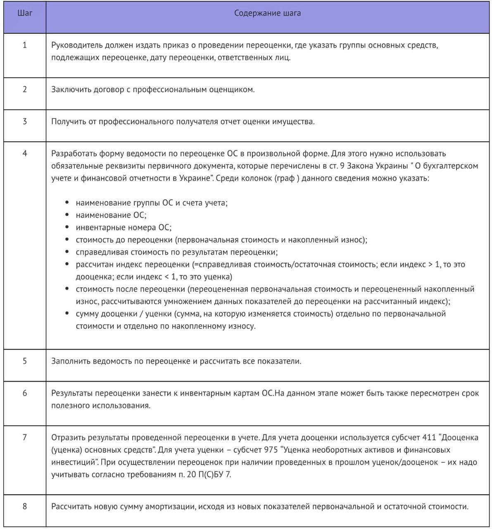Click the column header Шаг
click(x=25, y=13)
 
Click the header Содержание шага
click(x=267, y=13)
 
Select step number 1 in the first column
click(x=25, y=45)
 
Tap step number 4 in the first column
click(x=25, y=153)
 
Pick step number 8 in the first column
click(x=25, y=506)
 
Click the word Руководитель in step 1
click(x=74, y=45)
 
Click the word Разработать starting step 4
click(x=74, y=154)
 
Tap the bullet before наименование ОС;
click(x=67, y=215)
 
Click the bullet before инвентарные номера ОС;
click(x=67, y=228)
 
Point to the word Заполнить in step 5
click(x=70, y=361)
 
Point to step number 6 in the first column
click(x=25, y=393)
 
